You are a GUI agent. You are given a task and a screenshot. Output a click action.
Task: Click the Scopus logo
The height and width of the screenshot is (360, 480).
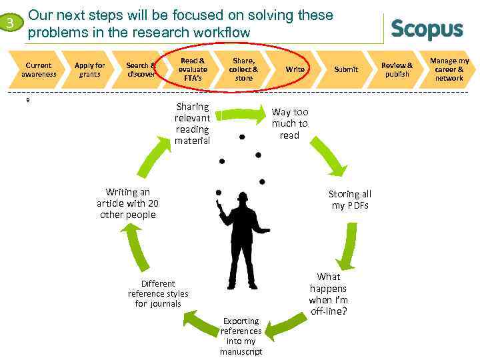[x=427, y=29]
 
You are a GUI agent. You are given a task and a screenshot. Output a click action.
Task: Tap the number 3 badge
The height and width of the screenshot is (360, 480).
[x=10, y=25]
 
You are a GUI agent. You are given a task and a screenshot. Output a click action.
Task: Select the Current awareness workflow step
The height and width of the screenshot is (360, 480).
[x=39, y=69]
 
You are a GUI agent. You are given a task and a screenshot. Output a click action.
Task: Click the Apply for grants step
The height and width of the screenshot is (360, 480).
[x=89, y=69]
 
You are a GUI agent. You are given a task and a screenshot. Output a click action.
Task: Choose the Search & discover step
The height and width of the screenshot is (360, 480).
[x=140, y=69]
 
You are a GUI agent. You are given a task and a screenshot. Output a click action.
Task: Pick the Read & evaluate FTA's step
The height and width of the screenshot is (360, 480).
[x=193, y=69]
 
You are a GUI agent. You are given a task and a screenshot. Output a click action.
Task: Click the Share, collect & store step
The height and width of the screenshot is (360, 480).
[x=243, y=69]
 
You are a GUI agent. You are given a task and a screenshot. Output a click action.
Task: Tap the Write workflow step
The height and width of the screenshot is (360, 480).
[x=295, y=69]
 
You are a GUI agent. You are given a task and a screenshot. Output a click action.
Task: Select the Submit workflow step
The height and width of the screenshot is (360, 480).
[x=346, y=69]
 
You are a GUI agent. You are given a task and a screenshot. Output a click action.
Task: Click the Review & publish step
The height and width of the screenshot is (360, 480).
[x=397, y=69]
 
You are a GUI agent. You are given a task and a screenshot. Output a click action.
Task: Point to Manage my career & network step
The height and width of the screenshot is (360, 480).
[x=449, y=69]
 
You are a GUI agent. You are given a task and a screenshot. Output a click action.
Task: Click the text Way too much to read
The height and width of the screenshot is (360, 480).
[x=289, y=123]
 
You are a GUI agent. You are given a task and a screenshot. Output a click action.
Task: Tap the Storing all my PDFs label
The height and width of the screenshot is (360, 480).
[x=350, y=199]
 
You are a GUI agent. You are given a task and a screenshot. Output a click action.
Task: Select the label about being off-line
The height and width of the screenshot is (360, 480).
[x=328, y=294]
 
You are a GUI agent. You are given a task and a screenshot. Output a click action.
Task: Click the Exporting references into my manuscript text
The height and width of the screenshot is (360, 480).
[x=241, y=336]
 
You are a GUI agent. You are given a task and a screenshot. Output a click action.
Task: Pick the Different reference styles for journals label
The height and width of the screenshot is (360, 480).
[x=158, y=294]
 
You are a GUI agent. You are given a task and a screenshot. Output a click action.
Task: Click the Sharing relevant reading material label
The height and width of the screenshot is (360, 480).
[x=192, y=123]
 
